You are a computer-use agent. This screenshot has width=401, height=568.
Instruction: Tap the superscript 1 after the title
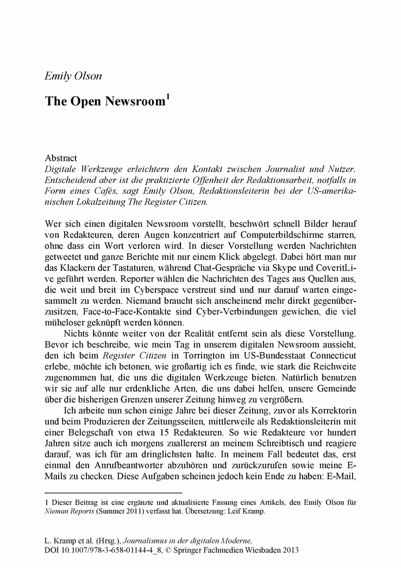(x=167, y=98)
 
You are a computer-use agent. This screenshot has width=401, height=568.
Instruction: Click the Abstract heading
(x=61, y=158)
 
